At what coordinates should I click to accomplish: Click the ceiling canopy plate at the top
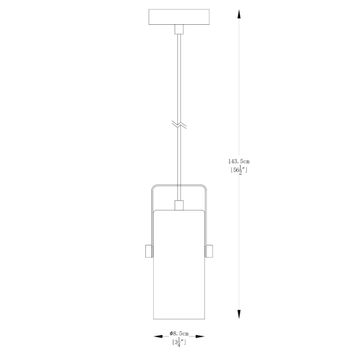pos(179,17)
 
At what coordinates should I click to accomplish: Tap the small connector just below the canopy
pos(179,29)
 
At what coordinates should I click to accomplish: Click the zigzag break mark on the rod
pos(179,124)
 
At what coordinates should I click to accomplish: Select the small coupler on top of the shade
pos(179,206)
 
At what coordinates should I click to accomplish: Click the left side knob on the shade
pos(149,251)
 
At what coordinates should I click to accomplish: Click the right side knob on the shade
pos(209,251)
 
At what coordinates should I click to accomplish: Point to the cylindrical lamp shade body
pos(179,264)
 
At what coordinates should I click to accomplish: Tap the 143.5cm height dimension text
pos(239,162)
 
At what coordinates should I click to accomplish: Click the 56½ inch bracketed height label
pos(239,170)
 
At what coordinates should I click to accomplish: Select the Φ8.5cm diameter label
pos(179,333)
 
